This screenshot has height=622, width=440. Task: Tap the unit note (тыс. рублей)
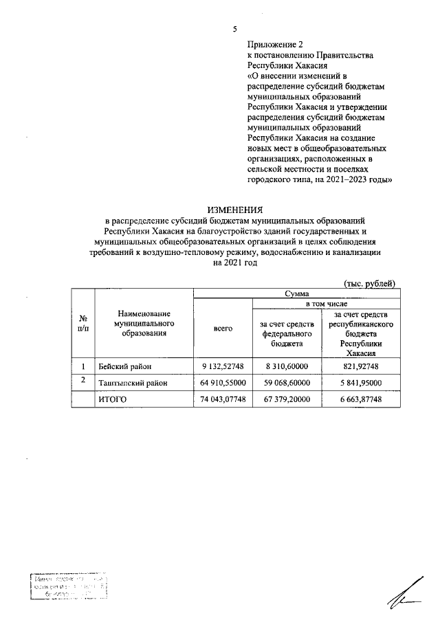pyautogui.click(x=369, y=283)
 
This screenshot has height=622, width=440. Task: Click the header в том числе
pyautogui.click(x=326, y=303)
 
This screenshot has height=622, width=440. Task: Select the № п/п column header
pyautogui.click(x=83, y=323)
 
